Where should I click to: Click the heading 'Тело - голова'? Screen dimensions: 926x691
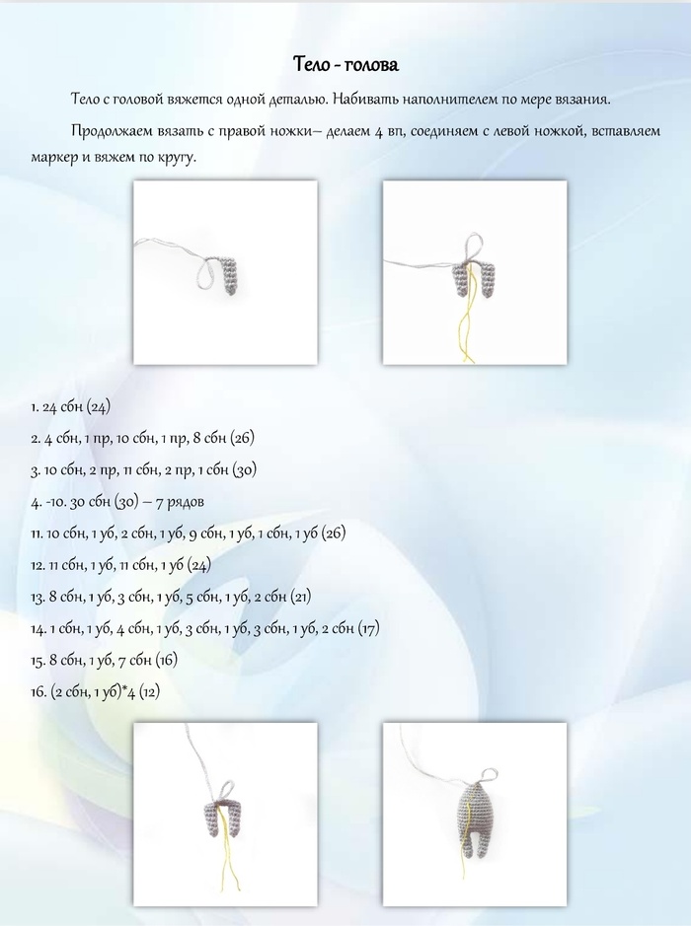[x=345, y=65]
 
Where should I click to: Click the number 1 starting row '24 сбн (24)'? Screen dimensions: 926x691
[x=35, y=406]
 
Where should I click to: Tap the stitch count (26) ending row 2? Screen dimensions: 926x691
[x=243, y=438]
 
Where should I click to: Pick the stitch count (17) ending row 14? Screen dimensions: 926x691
[x=367, y=628]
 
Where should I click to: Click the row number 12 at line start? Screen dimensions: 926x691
[x=37, y=565]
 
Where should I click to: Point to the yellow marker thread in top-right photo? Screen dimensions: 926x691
[x=467, y=316]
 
